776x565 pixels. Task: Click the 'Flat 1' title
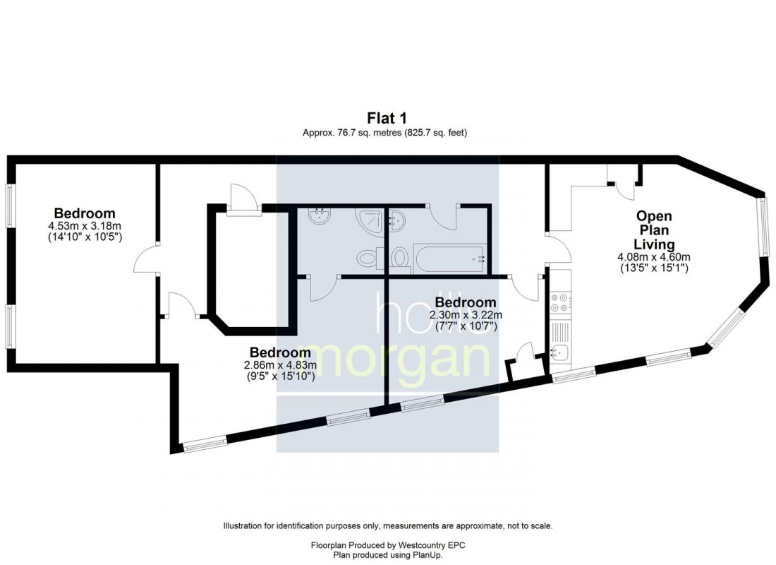387,118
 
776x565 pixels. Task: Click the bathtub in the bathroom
450,258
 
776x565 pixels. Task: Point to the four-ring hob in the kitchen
560,302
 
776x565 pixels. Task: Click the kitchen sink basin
559,351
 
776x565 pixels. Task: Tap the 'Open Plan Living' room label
653,230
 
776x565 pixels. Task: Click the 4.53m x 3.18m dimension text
85,226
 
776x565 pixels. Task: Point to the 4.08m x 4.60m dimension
653,257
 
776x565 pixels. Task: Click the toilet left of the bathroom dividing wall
367,259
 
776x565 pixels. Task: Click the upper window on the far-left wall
10,206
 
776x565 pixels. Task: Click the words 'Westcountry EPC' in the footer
430,546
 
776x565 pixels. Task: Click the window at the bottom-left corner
205,443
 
